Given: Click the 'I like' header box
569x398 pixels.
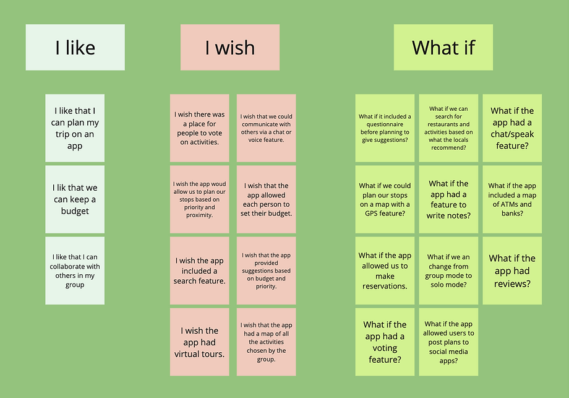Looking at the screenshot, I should [75, 47].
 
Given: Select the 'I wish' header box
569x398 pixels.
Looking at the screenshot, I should [230, 47].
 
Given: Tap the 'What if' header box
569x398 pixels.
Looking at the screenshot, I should [443, 47].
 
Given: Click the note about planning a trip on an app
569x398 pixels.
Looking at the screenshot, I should [75, 128].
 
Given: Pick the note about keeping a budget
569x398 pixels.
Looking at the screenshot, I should [75, 199].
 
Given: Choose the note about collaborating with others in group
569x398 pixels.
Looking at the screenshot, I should [75, 270].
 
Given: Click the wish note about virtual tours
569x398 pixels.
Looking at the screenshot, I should [200, 342].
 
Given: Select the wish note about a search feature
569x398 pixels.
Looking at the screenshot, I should [200, 270].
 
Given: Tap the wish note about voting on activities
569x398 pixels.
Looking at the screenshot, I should [200, 128].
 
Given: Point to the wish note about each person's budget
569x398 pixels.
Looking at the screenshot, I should [266, 199].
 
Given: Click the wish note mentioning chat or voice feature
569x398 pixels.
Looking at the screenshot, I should [266, 128].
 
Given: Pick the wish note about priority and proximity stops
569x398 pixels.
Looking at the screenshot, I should [200, 199].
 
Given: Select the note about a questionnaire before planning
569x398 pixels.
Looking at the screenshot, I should [385, 128].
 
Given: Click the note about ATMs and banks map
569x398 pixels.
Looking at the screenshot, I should [512, 199].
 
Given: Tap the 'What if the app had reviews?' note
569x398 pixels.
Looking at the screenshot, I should [512, 270].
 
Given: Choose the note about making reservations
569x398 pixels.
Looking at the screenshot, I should [385, 270].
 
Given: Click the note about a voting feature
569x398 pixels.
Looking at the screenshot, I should [385, 342].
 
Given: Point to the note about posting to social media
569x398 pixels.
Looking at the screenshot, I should [448, 342].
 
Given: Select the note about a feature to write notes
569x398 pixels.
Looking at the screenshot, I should [448, 199].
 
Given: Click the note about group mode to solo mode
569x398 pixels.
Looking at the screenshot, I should [448, 270].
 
